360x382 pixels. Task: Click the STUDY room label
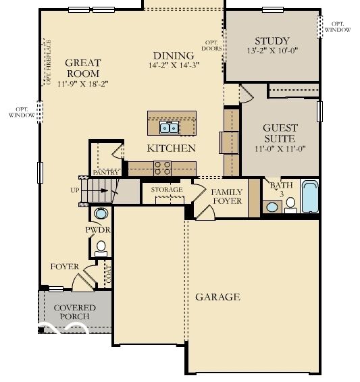coord(272,40)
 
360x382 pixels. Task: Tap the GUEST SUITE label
coord(280,133)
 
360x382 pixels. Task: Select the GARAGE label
coord(217,297)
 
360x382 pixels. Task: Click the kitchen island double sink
coord(169,128)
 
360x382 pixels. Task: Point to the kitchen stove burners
coord(163,167)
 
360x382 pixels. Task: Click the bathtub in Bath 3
coord(310,196)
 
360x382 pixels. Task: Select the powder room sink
coord(101,215)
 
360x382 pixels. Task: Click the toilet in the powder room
coord(101,247)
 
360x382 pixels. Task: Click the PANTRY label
coord(105,173)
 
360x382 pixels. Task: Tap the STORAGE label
coord(166,190)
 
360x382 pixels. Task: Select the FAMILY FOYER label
coord(226,196)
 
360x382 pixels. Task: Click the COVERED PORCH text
coord(74,312)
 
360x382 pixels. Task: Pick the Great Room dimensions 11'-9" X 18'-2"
coord(83,84)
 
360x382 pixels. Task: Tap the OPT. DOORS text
coord(212,45)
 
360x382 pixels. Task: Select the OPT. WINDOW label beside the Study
coord(337,26)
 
